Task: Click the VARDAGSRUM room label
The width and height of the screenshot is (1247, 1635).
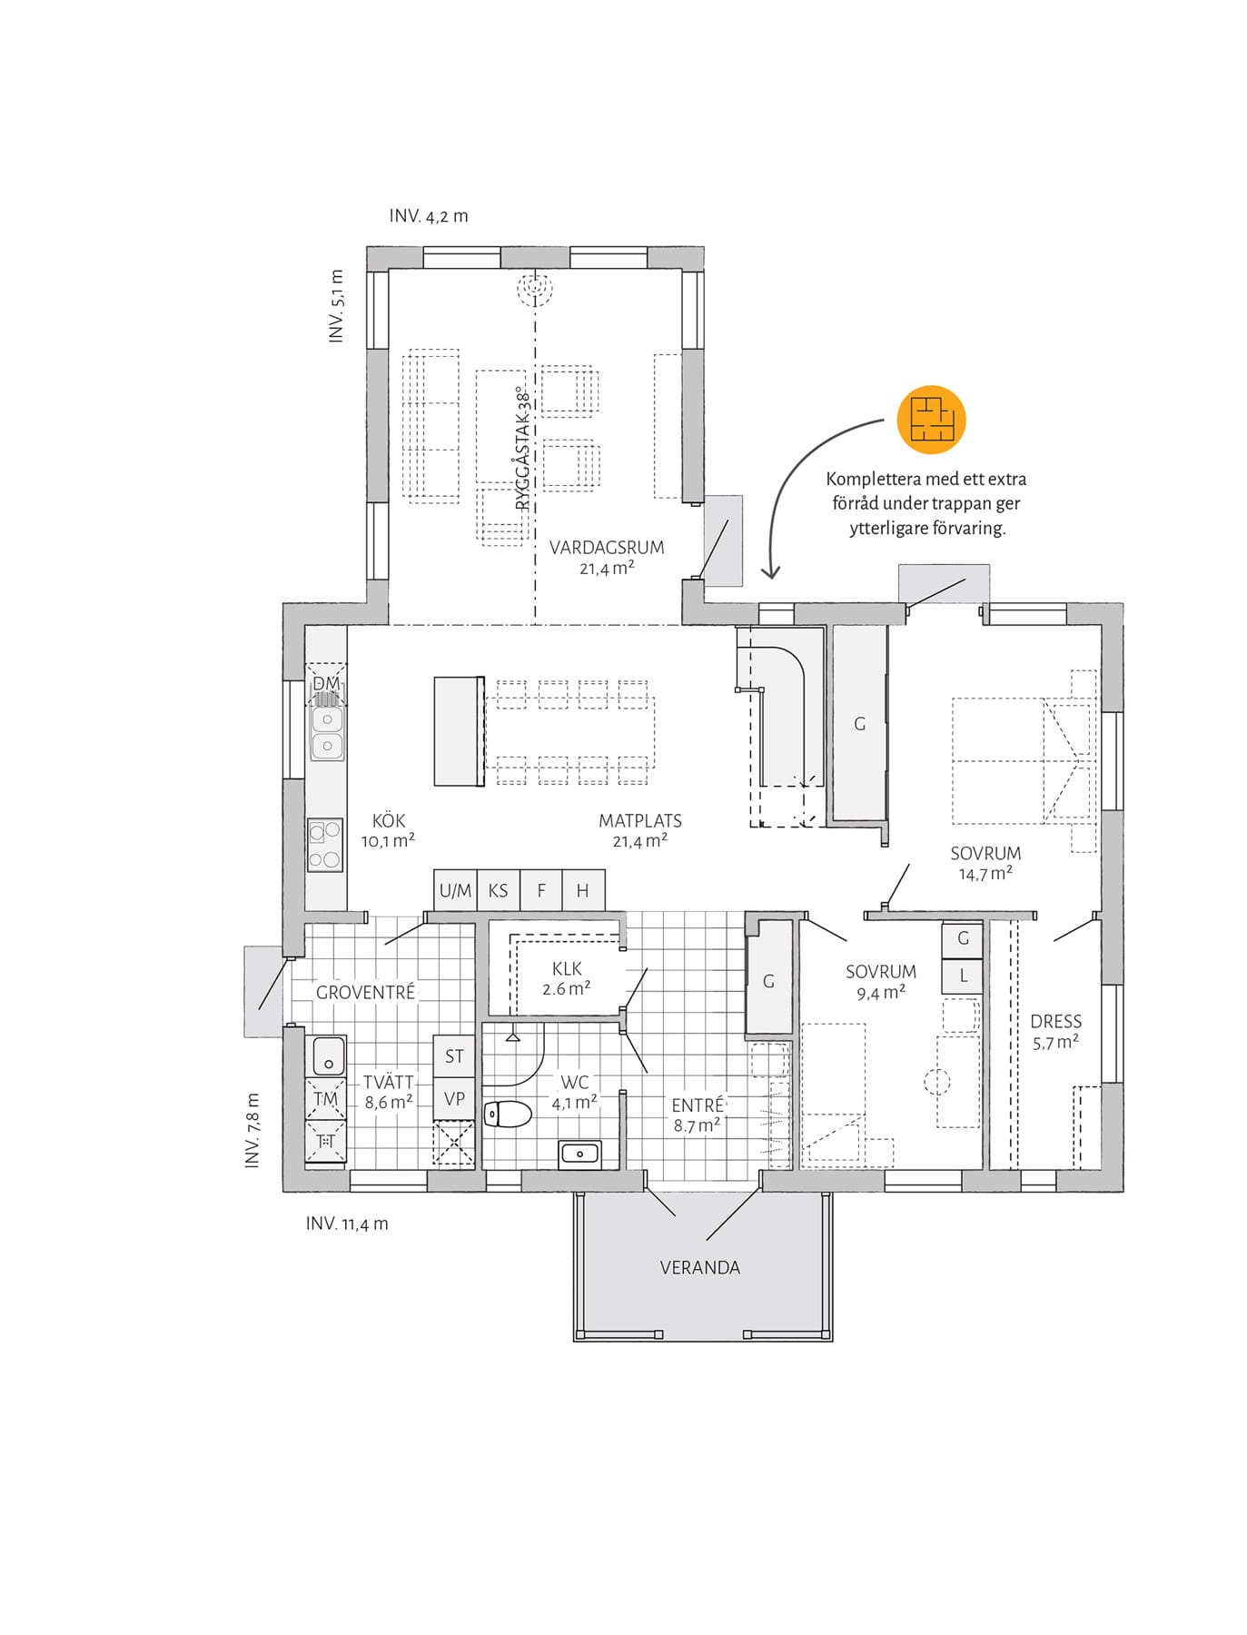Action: point(607,548)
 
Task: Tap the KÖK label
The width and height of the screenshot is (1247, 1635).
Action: point(389,820)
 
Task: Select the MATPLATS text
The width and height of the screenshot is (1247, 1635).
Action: point(640,820)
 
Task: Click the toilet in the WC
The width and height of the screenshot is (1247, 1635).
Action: point(507,1114)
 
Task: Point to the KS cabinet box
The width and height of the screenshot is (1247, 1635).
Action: point(499,890)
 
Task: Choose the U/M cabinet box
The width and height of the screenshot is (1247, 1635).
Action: point(455,890)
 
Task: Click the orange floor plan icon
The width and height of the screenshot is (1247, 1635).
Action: point(931,419)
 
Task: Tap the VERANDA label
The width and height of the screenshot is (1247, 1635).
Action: point(700,1267)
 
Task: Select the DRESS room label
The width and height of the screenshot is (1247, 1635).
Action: point(1055,1021)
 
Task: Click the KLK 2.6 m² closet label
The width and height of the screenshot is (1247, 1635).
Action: point(567,978)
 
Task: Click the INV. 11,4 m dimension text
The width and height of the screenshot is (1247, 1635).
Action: point(347,1224)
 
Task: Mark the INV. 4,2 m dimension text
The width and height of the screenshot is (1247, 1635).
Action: point(429,216)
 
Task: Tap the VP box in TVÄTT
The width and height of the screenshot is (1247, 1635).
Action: point(454,1098)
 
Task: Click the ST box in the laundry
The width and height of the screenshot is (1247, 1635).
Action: point(454,1056)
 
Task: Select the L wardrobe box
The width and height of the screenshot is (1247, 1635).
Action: point(963,976)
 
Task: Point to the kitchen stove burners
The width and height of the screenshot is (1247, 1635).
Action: point(325,845)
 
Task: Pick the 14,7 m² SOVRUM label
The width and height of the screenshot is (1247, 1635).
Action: point(985,863)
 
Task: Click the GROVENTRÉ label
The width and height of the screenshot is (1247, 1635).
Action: point(365,992)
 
